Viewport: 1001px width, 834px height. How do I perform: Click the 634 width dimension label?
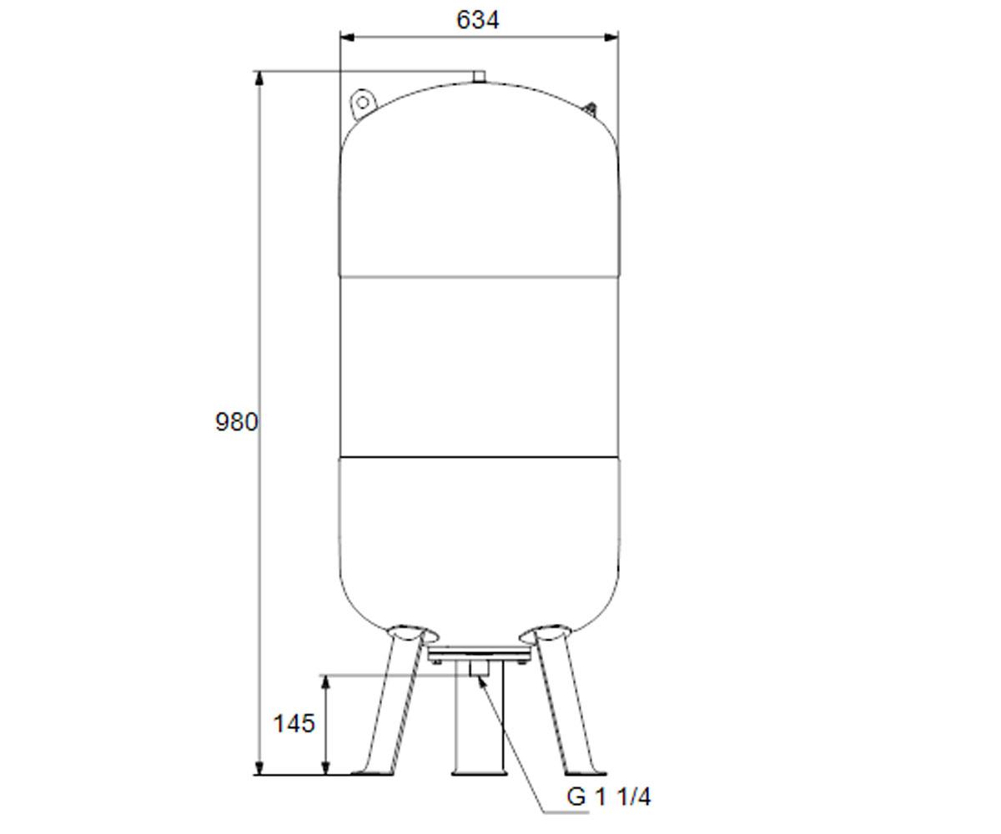click(x=477, y=20)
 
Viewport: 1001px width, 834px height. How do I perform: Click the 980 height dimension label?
click(x=237, y=422)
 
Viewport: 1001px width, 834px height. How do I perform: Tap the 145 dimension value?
click(x=294, y=723)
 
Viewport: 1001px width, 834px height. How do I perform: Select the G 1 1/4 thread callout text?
click(x=609, y=797)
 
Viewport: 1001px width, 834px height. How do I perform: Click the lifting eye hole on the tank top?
click(x=363, y=103)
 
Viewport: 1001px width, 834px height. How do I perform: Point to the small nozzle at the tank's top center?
click(x=479, y=77)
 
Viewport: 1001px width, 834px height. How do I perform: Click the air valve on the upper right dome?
click(x=591, y=108)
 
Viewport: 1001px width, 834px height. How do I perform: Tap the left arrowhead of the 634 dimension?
click(x=347, y=38)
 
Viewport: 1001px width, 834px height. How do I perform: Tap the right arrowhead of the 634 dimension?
click(x=611, y=38)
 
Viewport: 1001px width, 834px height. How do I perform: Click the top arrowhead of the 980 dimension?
click(x=259, y=78)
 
